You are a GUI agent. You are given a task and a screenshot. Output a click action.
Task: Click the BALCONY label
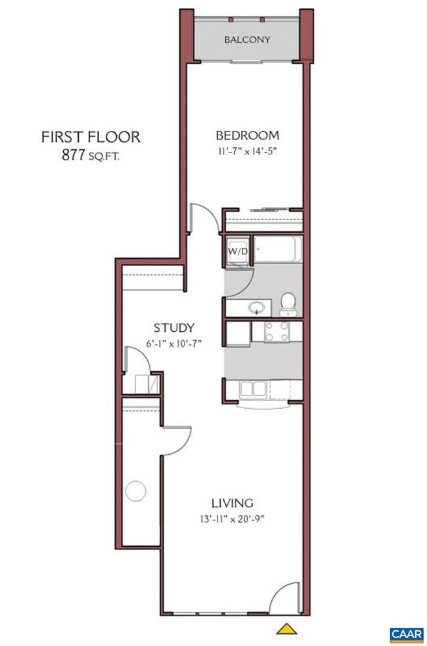(x=247, y=39)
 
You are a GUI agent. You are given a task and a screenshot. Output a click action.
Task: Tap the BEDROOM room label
(x=247, y=136)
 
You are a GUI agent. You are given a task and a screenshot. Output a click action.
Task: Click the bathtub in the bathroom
(x=278, y=250)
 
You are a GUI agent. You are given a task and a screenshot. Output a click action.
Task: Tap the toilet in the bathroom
(x=287, y=303)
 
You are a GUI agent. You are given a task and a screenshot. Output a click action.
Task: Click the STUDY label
(x=174, y=327)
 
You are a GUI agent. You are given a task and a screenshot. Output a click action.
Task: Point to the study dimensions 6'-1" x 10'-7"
(x=173, y=344)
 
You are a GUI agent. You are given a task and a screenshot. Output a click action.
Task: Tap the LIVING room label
(x=232, y=503)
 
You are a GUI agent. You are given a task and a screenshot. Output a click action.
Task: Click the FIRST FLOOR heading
(x=91, y=137)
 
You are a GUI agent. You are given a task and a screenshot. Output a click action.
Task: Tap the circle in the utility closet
(x=135, y=490)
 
